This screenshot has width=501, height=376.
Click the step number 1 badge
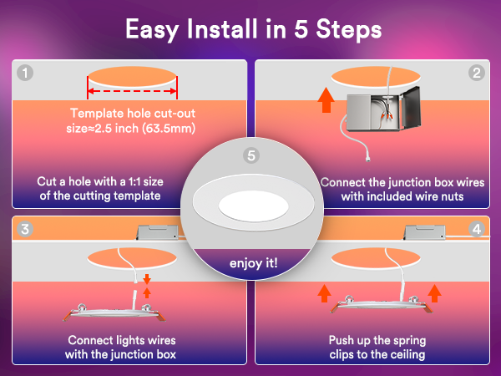[x=25, y=73]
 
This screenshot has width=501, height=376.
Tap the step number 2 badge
[x=477, y=73]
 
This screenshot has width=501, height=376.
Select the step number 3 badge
[x=25, y=229]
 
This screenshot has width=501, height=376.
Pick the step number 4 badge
[x=477, y=229]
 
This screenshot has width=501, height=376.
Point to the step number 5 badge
[x=251, y=155]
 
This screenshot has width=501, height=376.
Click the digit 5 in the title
[x=301, y=29]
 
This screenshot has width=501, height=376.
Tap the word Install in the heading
[x=222, y=28]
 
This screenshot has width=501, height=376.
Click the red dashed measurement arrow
[x=132, y=91]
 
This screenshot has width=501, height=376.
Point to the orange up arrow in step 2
[x=326, y=99]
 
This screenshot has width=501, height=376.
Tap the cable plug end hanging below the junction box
[x=367, y=158]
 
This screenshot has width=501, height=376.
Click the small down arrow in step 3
[x=147, y=279]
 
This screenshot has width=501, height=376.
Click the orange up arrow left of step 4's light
[x=324, y=293]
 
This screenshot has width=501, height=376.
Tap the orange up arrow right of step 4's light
[x=434, y=293]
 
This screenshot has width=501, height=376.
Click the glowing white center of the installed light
[x=253, y=206]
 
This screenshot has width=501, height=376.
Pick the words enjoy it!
[x=253, y=263]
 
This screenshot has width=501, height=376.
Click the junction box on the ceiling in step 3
[x=157, y=232]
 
